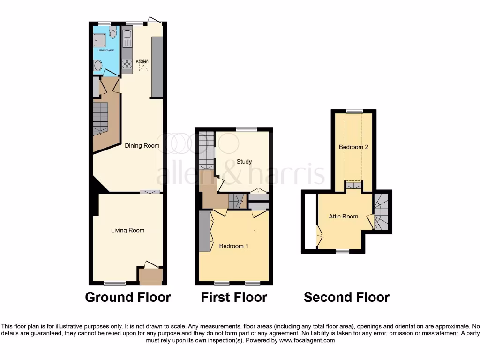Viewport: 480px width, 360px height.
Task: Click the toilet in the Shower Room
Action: coord(112,33)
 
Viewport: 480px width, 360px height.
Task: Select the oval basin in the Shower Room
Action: coord(97,66)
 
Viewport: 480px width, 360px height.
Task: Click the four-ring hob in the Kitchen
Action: coord(127,63)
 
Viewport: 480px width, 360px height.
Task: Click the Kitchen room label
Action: coord(142,61)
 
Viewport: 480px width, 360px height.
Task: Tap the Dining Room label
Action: coord(142,146)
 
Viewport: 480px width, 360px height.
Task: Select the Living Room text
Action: coord(127,230)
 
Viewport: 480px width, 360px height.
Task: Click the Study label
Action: coord(244,162)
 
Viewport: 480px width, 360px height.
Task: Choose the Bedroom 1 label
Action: coord(234,246)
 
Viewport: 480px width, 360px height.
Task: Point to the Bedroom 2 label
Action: coord(353,147)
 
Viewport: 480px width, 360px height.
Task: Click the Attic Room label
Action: coord(343,217)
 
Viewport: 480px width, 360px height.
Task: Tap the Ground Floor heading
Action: coord(127,297)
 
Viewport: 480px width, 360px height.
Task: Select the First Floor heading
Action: coord(234,297)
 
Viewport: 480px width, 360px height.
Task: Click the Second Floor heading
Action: coord(346,297)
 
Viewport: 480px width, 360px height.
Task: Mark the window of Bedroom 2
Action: coord(354,111)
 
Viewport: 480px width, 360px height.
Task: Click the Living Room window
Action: coord(115,283)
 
